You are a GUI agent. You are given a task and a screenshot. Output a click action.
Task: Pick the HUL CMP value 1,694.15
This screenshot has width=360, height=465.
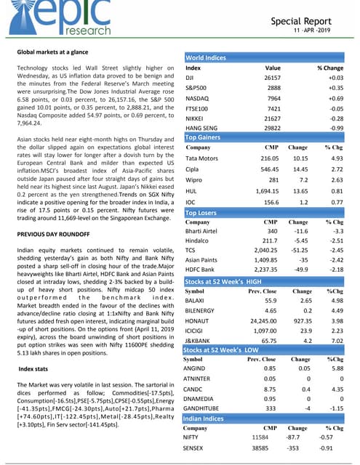point(269,193)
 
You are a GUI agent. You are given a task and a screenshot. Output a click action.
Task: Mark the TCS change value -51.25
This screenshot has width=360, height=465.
point(297,256)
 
